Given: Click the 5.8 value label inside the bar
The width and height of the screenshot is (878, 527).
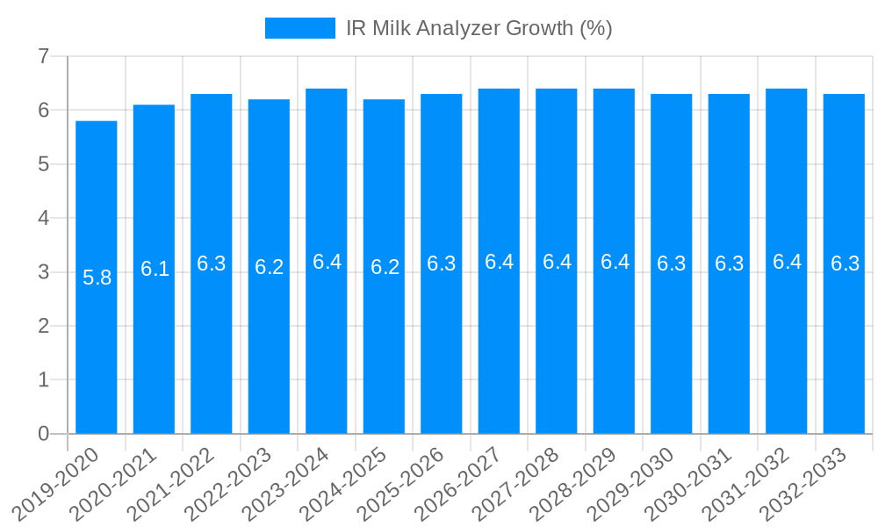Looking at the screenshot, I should point(97,278).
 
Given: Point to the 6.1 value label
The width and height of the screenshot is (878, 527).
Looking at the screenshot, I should point(155,270).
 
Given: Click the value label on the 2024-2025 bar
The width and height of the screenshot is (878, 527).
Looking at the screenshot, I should point(385,268).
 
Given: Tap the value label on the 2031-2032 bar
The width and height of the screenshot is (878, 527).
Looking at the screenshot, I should point(787,262).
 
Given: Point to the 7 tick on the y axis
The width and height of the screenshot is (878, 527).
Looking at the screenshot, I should point(43,57).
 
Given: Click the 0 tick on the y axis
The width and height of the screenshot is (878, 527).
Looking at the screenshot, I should point(43,434).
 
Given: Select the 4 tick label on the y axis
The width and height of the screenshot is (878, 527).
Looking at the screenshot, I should point(43,219).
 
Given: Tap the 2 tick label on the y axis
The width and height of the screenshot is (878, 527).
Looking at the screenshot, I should point(43,326).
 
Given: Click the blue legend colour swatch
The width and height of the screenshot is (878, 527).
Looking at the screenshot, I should point(300,28).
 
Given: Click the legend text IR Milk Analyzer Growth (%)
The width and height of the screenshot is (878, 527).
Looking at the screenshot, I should point(479,28).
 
